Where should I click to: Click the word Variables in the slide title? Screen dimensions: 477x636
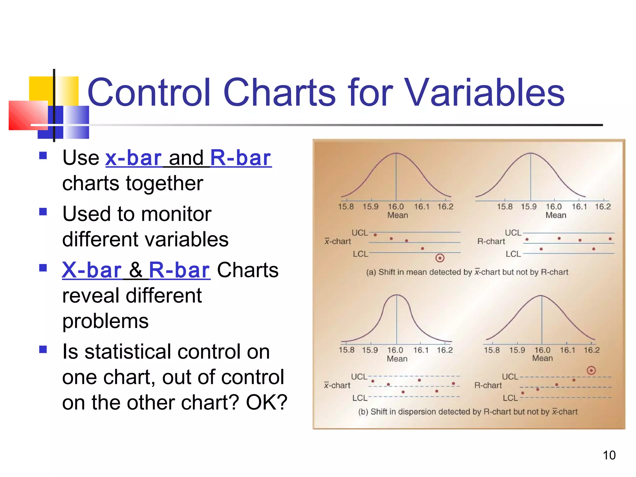[x=484, y=93]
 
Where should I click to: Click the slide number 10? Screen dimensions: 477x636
[x=609, y=455]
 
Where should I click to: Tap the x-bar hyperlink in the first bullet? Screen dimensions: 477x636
[x=134, y=158]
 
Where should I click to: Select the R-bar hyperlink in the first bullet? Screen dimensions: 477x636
[x=241, y=158]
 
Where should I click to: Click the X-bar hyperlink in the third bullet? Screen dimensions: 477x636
[x=92, y=270]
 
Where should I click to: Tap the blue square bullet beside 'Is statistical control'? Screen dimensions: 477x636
[x=43, y=350]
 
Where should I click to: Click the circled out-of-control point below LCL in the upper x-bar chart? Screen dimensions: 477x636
[x=440, y=258]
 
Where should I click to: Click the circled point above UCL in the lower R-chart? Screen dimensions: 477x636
[x=591, y=370]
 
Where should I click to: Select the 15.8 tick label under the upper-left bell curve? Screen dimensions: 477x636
[x=346, y=207]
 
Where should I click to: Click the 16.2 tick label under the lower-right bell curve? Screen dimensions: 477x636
[x=591, y=350]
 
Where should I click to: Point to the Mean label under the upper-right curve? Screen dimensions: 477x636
[x=556, y=215]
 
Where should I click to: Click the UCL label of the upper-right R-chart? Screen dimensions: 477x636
[x=513, y=233]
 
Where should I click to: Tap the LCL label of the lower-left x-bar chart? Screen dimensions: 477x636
[x=360, y=398]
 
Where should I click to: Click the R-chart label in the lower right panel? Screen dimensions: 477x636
[x=488, y=385]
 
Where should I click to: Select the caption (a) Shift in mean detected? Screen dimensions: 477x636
[x=467, y=272]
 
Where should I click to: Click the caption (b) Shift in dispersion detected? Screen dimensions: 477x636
[x=468, y=412]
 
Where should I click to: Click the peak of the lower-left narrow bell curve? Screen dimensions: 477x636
[x=397, y=295]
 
